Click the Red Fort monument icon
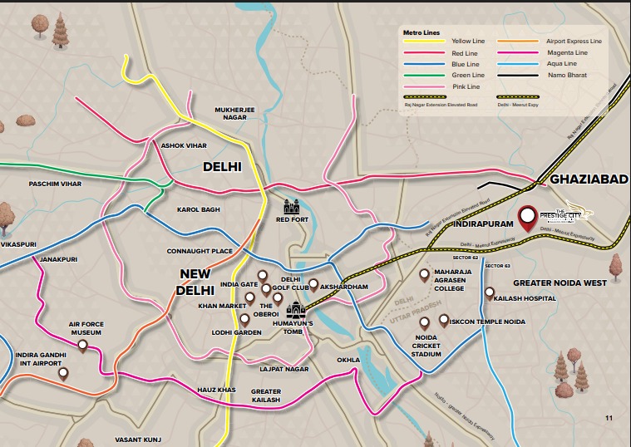point(291,205)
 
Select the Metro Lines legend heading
point(421,32)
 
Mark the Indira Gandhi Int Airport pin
point(63,375)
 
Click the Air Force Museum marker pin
point(82,347)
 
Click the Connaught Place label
point(200,251)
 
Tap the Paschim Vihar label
point(56,184)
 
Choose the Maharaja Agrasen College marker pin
point(424,274)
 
